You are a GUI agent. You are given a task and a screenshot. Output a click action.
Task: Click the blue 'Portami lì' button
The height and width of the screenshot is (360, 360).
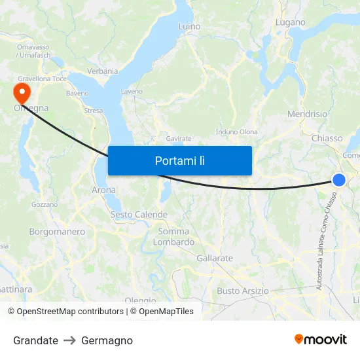coord(179,160)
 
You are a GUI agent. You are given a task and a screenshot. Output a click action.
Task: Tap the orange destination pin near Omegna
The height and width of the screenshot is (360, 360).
coord(21,92)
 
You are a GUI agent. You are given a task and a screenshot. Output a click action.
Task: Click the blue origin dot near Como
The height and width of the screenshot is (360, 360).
coord(338,179)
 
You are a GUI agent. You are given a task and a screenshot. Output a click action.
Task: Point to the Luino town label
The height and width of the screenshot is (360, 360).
coord(189,26)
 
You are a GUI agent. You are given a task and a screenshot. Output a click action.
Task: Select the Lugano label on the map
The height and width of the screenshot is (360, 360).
coord(290,22)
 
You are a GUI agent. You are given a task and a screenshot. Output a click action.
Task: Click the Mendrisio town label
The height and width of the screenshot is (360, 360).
coord(307,114)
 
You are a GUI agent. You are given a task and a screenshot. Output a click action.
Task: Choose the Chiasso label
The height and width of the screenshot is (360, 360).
coord(327,138)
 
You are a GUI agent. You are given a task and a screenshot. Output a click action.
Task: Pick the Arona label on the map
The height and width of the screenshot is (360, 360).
coord(103,190)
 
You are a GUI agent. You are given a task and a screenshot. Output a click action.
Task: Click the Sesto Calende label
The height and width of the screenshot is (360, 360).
coord(139,215)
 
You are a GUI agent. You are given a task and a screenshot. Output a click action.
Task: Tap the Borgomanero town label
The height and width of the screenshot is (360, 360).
coord(57,232)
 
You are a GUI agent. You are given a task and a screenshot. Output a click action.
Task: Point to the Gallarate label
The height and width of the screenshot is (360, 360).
coord(215,258)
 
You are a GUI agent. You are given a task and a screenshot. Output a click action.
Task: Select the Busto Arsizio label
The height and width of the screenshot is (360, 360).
coord(243,291)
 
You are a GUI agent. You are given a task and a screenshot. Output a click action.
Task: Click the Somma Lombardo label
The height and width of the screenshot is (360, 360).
coord(173,236)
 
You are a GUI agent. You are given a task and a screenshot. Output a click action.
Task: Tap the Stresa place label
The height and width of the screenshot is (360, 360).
coord(93,111)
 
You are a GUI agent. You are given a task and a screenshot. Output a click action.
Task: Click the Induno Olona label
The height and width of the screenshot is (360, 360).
coord(236,132)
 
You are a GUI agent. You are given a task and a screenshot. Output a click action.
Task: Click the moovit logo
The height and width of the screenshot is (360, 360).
coord(321,339)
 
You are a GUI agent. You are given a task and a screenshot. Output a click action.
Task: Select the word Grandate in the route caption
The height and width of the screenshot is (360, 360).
coord(35,340)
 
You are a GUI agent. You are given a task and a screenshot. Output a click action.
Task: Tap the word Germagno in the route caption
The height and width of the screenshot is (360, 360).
coord(107,340)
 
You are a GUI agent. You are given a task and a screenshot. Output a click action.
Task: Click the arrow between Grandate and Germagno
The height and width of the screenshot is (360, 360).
coord(69,340)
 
